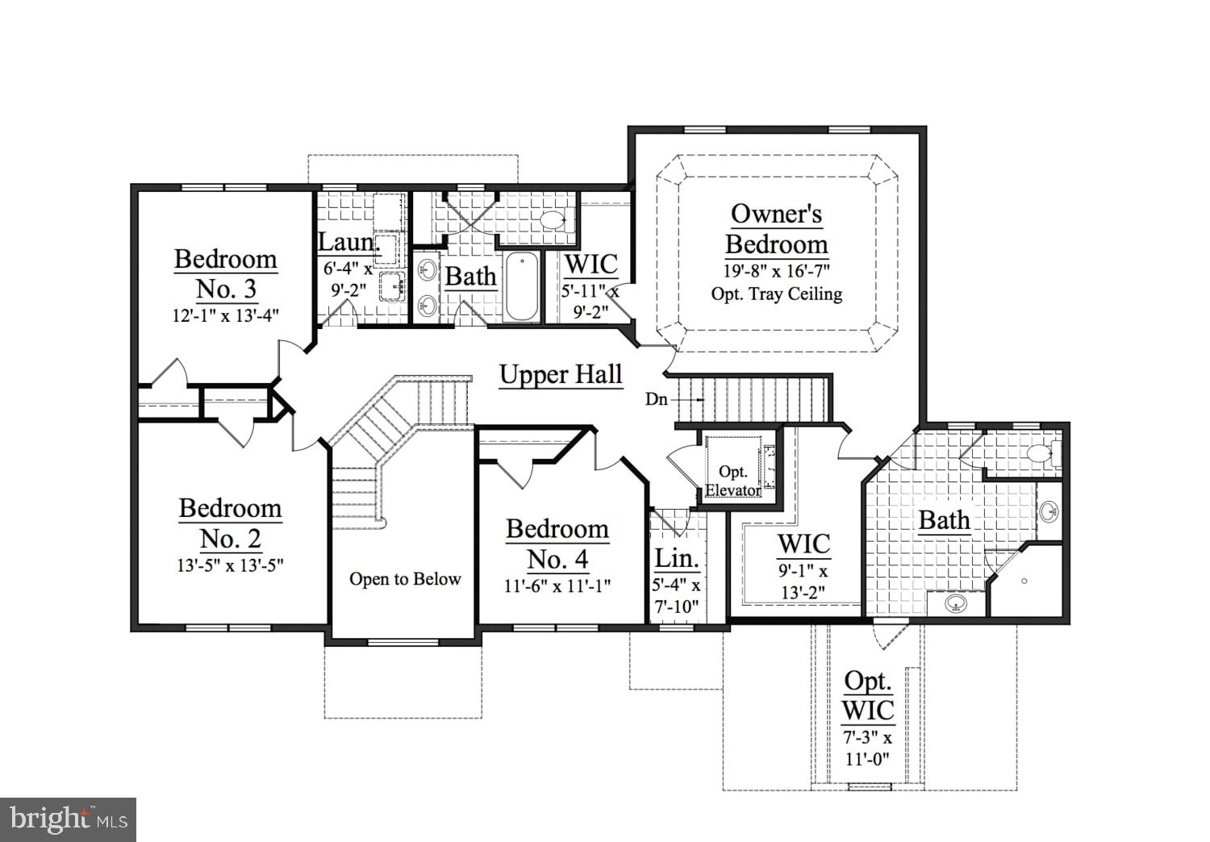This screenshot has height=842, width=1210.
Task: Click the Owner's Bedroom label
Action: pos(776,229)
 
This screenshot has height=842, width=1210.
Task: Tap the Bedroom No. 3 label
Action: pos(226,273)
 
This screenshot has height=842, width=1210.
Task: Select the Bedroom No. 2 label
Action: pos(230,523)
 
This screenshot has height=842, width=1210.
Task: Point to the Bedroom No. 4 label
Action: pos(557,544)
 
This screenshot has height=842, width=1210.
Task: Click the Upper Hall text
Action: pos(561,375)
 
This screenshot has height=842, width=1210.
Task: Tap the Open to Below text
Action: pos(405,579)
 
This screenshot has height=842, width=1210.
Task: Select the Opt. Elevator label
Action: pos(733,481)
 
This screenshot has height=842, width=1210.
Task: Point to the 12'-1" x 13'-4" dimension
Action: pos(226,315)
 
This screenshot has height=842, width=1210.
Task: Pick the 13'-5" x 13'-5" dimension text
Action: pos(230,565)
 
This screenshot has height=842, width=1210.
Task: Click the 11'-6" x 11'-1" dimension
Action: pos(557,586)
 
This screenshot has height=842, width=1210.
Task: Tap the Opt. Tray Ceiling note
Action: pos(776,294)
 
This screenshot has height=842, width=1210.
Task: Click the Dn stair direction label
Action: pos(656,399)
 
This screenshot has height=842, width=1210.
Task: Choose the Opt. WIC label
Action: pos(868,695)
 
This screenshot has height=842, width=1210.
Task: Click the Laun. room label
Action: pos(345,242)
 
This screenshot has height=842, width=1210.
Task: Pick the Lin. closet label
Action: pos(676,558)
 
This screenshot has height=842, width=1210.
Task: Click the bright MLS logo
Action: pos(68,819)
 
